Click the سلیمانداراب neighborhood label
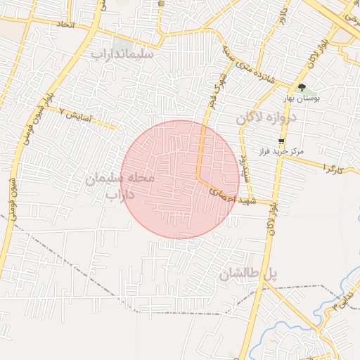click(124, 53)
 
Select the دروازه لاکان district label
click(267, 118)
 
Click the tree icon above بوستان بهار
click(302, 87)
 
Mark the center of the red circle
click(180, 180)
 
